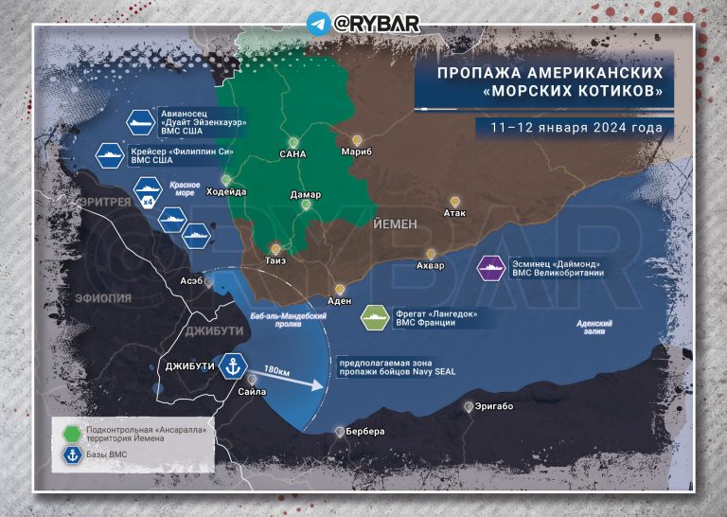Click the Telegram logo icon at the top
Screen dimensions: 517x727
click(317, 22)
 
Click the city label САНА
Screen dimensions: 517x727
click(293, 152)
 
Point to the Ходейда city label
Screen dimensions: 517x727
click(226, 191)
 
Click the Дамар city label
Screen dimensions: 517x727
click(305, 194)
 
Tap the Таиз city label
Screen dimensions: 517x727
click(275, 259)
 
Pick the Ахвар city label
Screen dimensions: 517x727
click(430, 266)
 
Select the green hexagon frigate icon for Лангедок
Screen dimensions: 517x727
click(377, 316)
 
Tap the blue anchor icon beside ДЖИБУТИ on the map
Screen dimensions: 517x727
click(233, 365)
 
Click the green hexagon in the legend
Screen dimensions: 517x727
click(72, 434)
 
